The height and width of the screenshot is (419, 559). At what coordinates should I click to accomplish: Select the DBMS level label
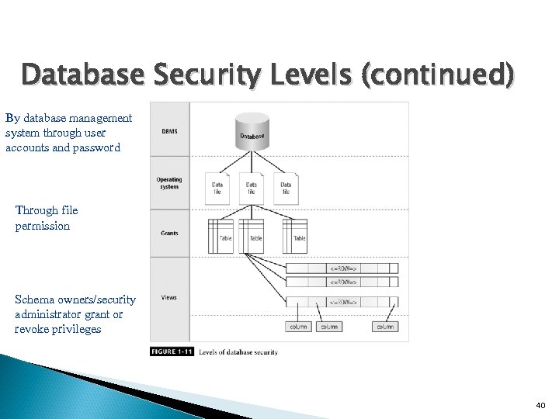pyautogui.click(x=168, y=131)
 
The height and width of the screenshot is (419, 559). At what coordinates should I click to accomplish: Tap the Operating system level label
pyautogui.click(x=168, y=183)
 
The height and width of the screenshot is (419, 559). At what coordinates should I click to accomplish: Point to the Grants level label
pyautogui.click(x=168, y=233)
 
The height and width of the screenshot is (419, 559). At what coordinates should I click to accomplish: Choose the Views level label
pyautogui.click(x=168, y=297)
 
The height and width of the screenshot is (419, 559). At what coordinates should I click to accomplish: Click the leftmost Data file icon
pyautogui.click(x=217, y=188)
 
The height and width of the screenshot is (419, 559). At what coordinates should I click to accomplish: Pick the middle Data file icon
pyautogui.click(x=252, y=188)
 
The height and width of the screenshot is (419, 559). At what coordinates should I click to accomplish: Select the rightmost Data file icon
pyautogui.click(x=286, y=188)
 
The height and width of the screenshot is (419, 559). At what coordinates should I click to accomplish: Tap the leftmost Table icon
pyautogui.click(x=220, y=236)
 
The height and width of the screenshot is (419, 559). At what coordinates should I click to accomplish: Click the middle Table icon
pyautogui.click(x=252, y=236)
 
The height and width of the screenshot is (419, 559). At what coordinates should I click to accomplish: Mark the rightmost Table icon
pyautogui.click(x=295, y=236)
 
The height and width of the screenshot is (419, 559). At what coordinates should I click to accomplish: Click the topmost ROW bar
pyautogui.click(x=342, y=268)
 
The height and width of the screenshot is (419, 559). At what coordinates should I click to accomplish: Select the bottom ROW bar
pyautogui.click(x=342, y=302)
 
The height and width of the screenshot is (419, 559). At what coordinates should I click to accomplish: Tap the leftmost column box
pyautogui.click(x=298, y=327)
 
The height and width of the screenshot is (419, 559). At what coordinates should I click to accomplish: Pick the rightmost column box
pyautogui.click(x=385, y=327)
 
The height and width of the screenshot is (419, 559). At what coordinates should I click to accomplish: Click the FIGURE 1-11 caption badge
pyautogui.click(x=171, y=352)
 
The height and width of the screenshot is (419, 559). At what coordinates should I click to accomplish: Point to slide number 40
pyautogui.click(x=540, y=406)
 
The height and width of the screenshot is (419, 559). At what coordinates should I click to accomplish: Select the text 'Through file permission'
pyautogui.click(x=46, y=218)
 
